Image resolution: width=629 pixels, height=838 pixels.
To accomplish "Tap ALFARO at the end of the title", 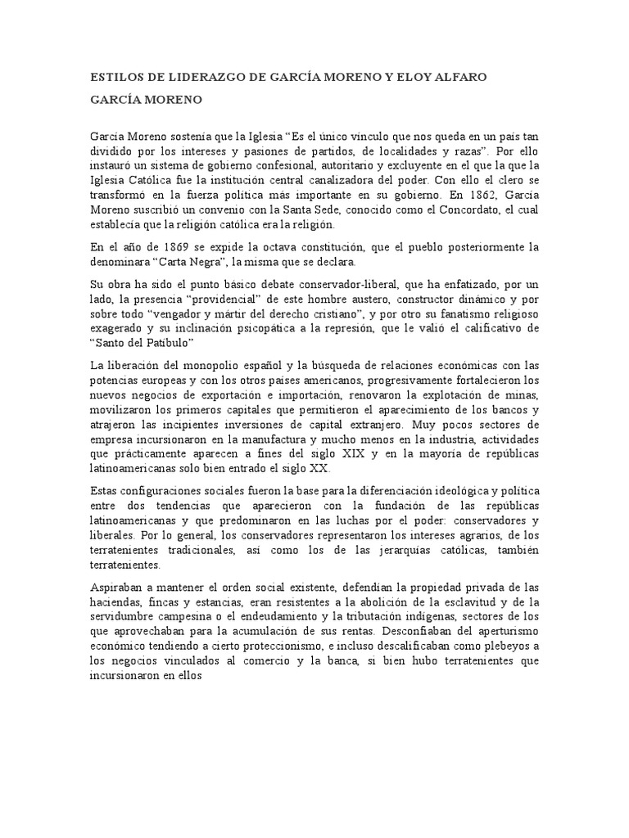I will (x=459, y=78).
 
